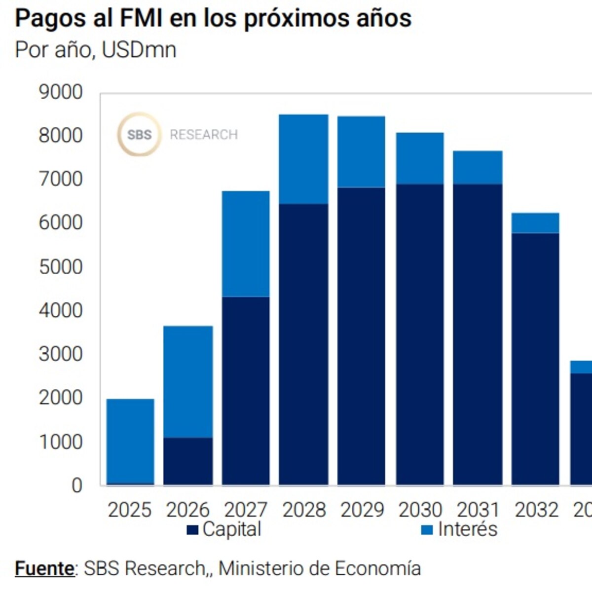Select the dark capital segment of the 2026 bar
point(188,461)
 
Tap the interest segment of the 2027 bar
point(246,244)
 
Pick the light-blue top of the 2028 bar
point(303,159)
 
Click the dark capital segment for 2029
point(361,335)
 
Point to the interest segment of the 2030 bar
point(420,158)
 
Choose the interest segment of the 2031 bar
point(478,167)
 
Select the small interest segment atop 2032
point(535,223)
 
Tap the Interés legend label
point(467,529)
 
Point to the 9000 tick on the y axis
point(61,92)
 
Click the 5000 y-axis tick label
point(61,267)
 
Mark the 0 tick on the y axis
point(76,485)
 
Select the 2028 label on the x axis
point(304,510)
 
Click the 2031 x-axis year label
point(478,510)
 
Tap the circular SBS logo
point(139,134)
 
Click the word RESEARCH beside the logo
point(204,135)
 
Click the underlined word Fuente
point(44,568)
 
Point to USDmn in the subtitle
point(139,50)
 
